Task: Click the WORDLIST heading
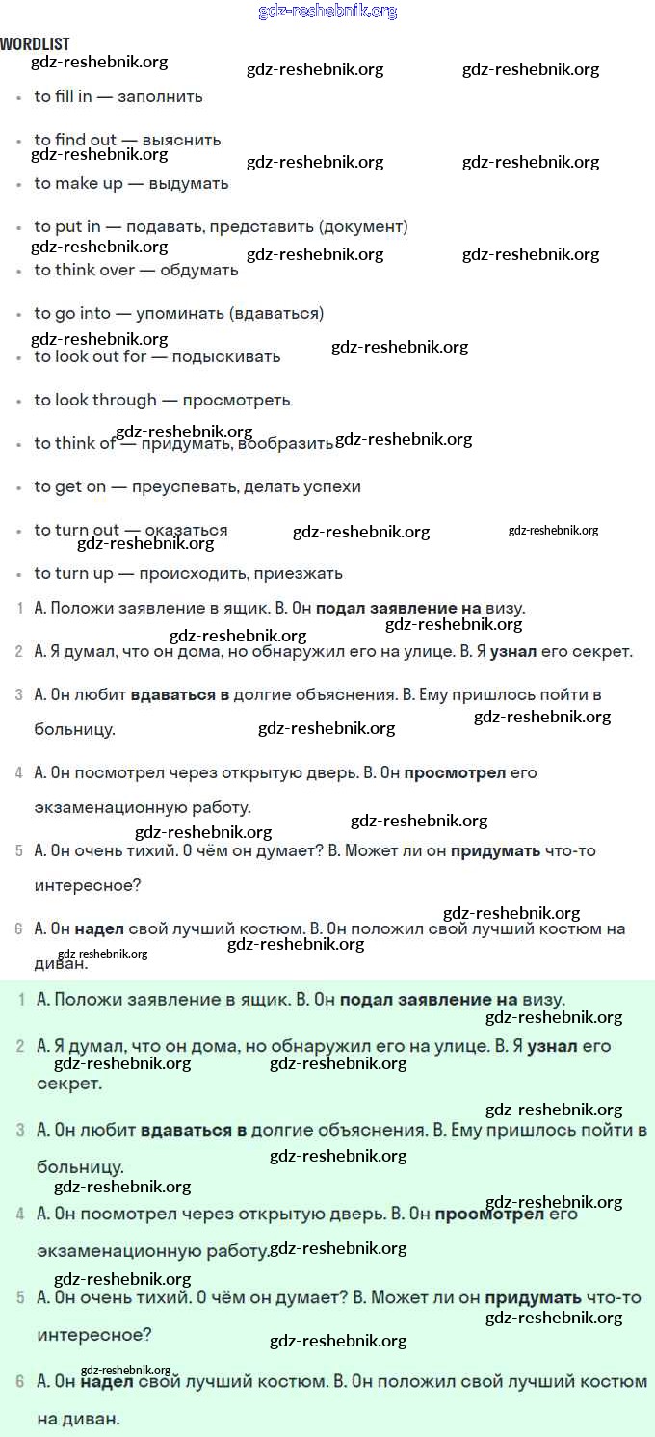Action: point(35,44)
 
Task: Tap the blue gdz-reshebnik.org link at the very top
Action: point(327,12)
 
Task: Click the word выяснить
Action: point(181,140)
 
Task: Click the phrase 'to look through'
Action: point(95,400)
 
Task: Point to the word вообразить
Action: point(285,444)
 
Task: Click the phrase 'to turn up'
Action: point(74,573)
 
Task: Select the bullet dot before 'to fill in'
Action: point(18,97)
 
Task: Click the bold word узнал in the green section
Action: point(552,1046)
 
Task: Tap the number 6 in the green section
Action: point(20,1381)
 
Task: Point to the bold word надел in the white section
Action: point(99,928)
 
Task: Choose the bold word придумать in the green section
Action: point(533,1297)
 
